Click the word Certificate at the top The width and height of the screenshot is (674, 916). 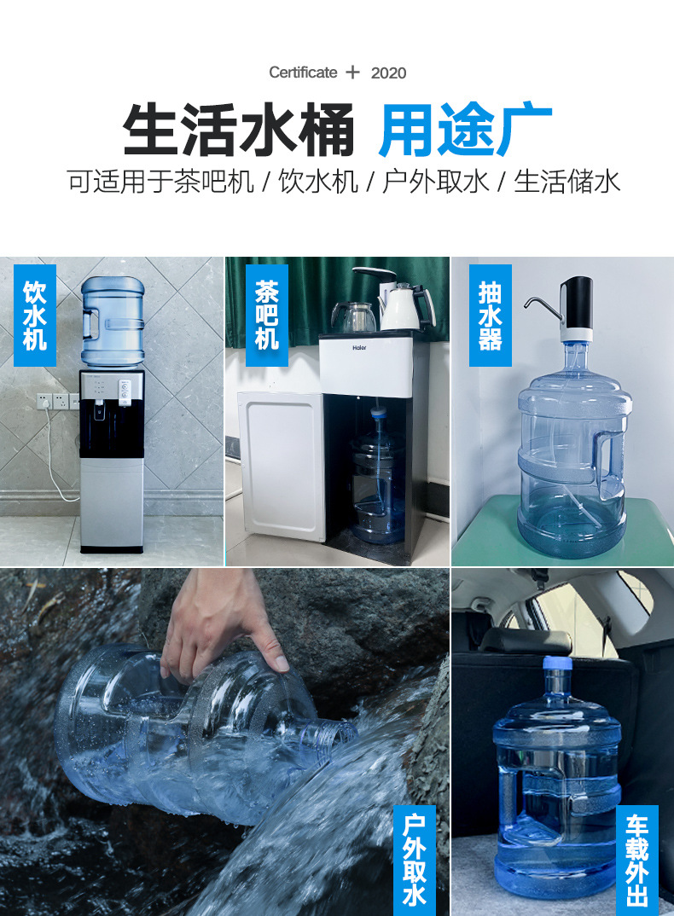[x=303, y=72]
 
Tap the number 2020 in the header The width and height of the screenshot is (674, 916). [x=388, y=73]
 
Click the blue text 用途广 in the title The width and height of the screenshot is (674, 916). [x=465, y=130]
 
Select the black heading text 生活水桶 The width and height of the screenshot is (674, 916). [x=239, y=130]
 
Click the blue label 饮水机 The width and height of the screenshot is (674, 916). [x=35, y=315]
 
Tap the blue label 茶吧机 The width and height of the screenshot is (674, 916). [x=267, y=315]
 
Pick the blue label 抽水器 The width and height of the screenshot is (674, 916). [x=491, y=315]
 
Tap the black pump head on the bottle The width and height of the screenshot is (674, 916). [x=578, y=302]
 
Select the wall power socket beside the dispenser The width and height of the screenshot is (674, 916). [x=53, y=401]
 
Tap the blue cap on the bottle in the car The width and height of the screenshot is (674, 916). [x=556, y=663]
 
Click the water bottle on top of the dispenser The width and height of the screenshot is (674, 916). [x=113, y=321]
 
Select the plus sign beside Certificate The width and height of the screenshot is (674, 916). [x=353, y=72]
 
